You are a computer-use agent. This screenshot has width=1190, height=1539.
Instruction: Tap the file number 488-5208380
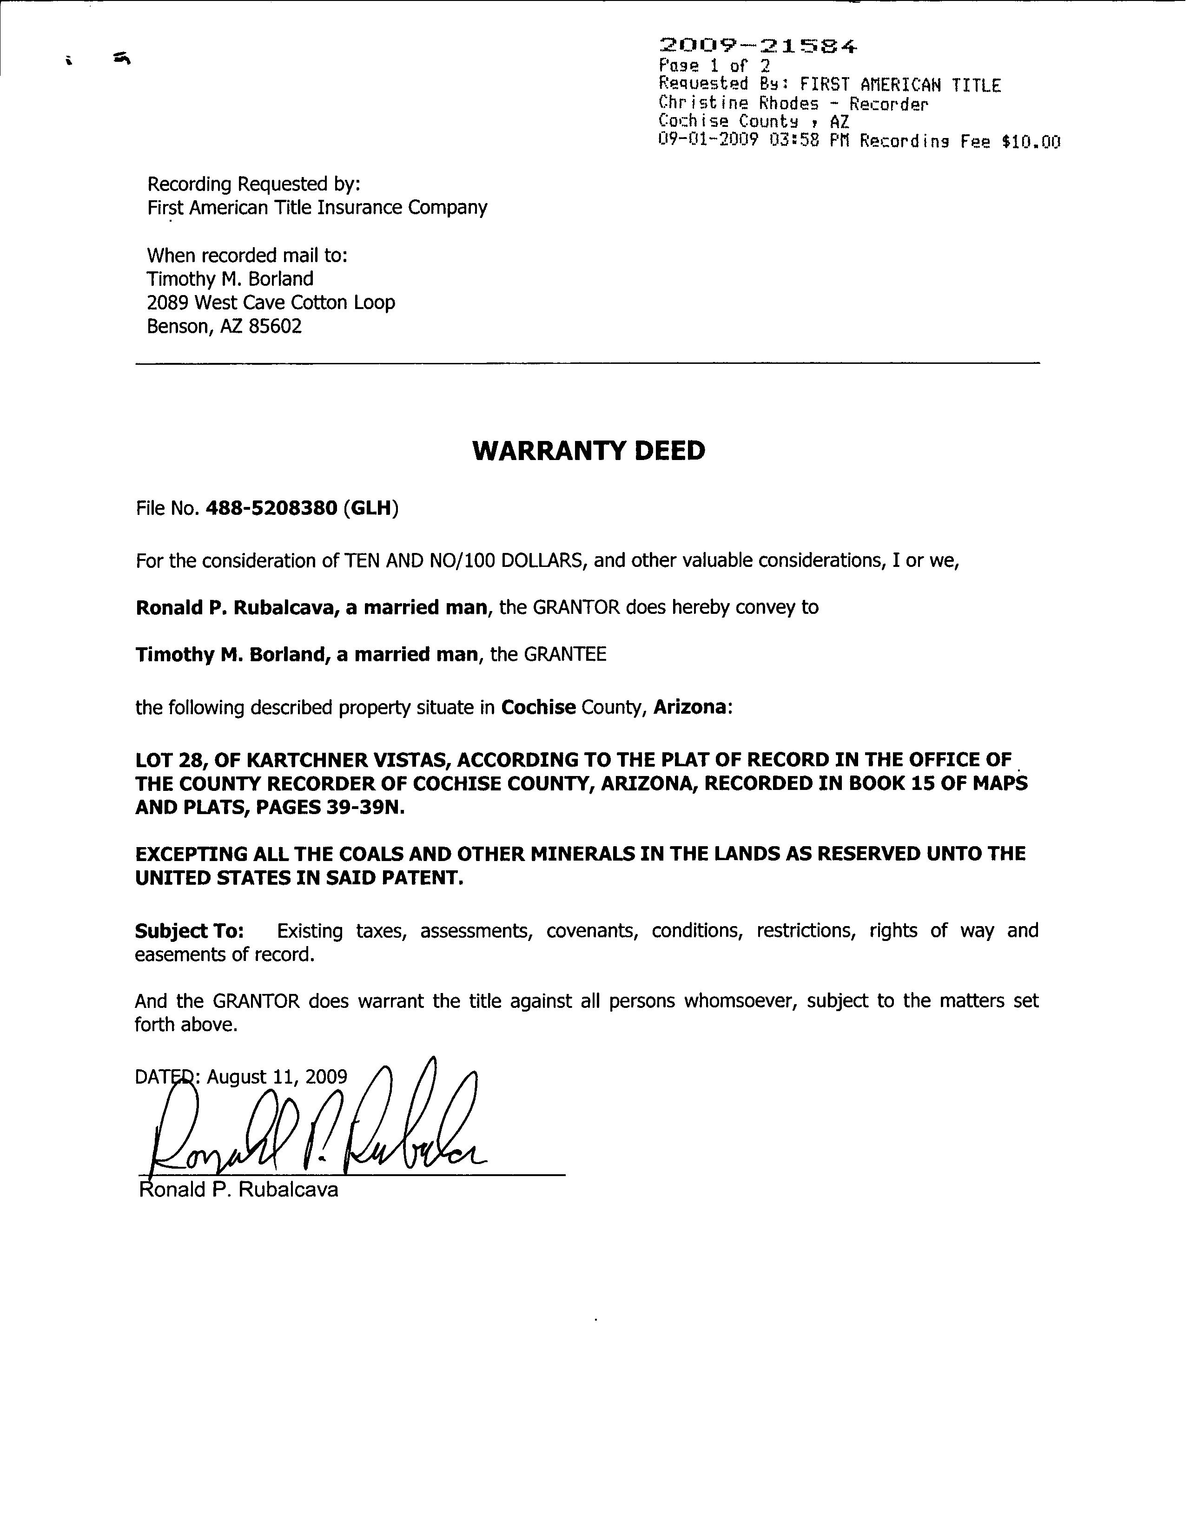[x=271, y=508]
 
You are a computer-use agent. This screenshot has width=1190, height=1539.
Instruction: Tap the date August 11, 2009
[x=277, y=1077]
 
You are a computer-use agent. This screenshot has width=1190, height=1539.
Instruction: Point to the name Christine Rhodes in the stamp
[x=738, y=104]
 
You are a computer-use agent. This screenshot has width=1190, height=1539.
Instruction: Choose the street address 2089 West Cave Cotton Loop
[x=271, y=303]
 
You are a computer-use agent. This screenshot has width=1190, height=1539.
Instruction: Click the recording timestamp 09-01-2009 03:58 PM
[x=752, y=140]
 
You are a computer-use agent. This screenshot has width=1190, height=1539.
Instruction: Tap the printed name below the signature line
[x=239, y=1190]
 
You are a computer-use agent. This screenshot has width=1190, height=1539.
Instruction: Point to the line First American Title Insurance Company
[x=317, y=208]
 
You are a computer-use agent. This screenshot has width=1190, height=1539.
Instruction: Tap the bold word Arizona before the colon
[x=689, y=707]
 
